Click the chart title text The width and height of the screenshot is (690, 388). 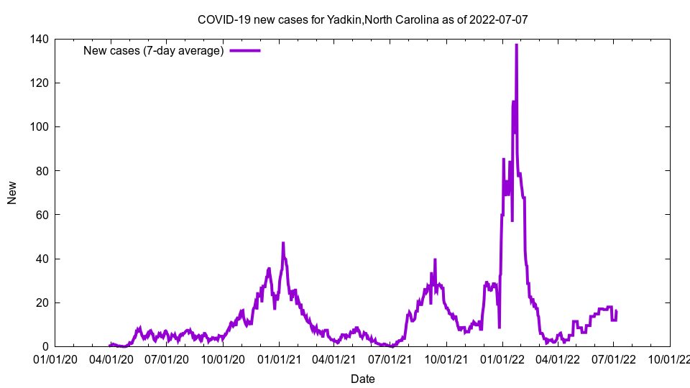tap(362, 19)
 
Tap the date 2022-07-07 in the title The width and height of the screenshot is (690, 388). tap(499, 19)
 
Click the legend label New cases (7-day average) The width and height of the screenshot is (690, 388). tap(154, 50)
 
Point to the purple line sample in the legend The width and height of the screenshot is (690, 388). tap(244, 50)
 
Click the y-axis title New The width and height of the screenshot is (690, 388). tap(12, 193)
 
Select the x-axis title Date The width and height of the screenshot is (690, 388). tap(362, 378)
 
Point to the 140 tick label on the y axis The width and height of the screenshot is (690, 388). tap(40, 39)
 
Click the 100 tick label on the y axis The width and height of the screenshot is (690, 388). tap(40, 126)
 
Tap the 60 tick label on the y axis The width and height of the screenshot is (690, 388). tap(42, 215)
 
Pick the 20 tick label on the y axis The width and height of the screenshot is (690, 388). tap(42, 302)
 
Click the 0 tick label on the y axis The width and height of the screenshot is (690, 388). tap(45, 346)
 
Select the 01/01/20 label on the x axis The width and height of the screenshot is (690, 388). tap(55, 359)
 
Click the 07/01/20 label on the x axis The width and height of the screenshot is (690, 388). tap(167, 359)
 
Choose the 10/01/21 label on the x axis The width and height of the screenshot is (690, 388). tap(446, 359)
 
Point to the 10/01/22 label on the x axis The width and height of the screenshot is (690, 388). tap(669, 359)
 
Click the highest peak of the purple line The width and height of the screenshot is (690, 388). tap(516, 45)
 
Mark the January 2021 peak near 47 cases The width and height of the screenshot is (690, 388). tap(283, 243)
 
